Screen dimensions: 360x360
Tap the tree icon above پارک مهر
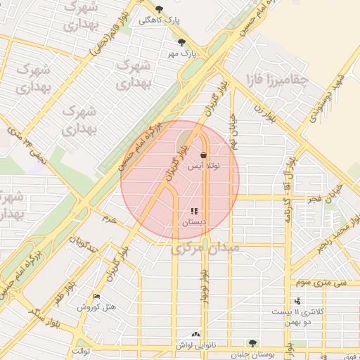[x=182, y=41]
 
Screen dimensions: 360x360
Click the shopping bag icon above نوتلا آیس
[x=204, y=155]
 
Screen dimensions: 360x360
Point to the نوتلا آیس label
[x=205, y=166]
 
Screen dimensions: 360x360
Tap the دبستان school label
[x=194, y=221]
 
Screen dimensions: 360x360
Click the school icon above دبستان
[x=194, y=211]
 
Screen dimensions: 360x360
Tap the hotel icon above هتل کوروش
[x=96, y=297]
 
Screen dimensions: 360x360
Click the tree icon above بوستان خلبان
[x=252, y=343]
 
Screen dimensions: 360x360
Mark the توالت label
[x=82, y=349]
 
